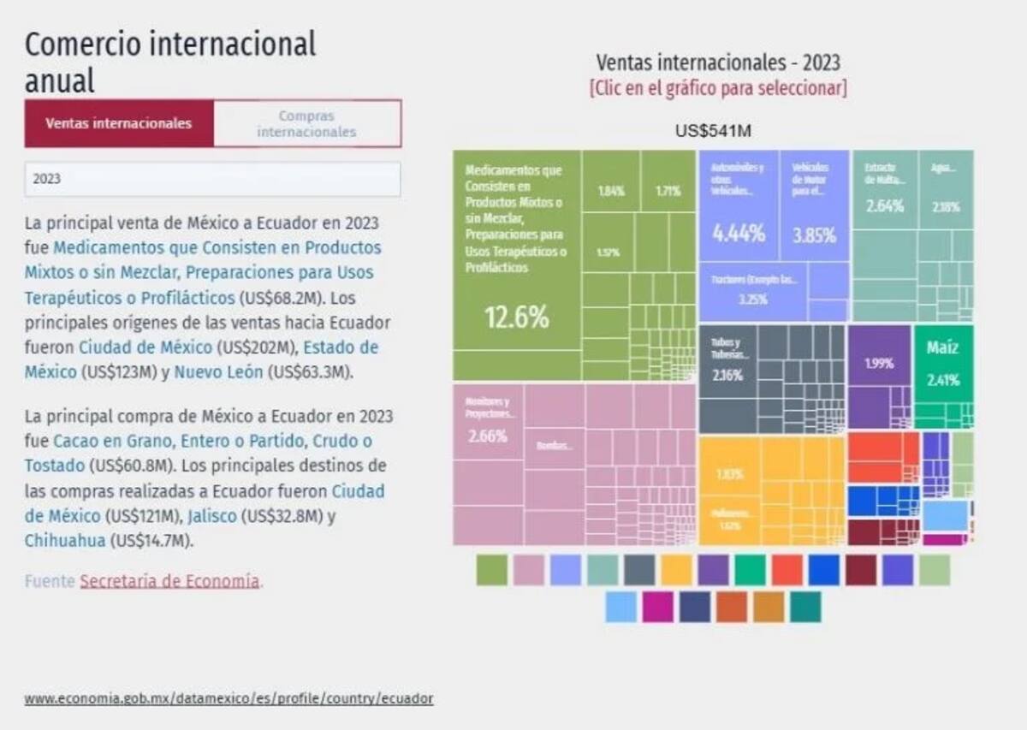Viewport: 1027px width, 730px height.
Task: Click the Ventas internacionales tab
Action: point(118,123)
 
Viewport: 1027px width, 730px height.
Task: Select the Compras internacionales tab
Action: point(306,124)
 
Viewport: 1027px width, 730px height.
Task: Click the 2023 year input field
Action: point(212,180)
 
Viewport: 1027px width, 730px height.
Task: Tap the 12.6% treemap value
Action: point(516,318)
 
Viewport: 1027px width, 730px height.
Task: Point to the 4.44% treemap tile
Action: point(739,233)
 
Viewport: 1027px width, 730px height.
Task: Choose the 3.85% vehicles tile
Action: point(814,235)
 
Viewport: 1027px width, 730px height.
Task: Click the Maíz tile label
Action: point(942,348)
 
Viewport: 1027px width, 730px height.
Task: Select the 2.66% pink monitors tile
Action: point(488,436)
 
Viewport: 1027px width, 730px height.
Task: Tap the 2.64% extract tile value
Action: point(885,206)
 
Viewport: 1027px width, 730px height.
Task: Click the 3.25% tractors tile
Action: point(753,300)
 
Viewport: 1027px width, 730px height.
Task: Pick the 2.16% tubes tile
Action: point(727,375)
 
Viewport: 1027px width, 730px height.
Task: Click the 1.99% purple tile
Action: point(878,363)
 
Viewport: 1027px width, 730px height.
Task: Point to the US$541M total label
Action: point(713,131)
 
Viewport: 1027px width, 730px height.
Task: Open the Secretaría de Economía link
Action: point(169,581)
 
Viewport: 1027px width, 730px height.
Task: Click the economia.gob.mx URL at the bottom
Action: point(229,698)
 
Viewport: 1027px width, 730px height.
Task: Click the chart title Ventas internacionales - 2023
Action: point(718,62)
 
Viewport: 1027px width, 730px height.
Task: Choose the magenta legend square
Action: point(657,607)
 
